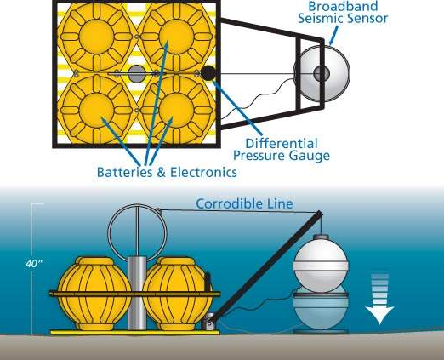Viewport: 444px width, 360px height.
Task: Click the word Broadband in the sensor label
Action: pos(343,6)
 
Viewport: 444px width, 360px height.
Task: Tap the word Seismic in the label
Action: pos(321,19)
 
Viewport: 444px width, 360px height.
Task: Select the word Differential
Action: pos(281,144)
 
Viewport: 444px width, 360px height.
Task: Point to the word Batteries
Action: pos(124,172)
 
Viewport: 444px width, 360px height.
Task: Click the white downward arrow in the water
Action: pos(379,299)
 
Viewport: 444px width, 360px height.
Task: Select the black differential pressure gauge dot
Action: pos(208,73)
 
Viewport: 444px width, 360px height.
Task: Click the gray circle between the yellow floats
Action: pos(137,74)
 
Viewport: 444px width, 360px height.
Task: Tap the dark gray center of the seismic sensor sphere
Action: pos(322,73)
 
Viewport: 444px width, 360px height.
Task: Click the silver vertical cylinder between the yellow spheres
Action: pos(137,293)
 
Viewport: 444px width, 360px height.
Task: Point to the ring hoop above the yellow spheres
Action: pos(108,232)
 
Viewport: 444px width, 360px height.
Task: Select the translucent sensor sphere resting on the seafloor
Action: pos(321,309)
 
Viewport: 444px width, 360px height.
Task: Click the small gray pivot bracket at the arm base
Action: pos(209,322)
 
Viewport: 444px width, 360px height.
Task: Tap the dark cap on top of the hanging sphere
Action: pos(321,237)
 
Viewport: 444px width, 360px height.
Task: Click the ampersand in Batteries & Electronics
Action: pos(161,173)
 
